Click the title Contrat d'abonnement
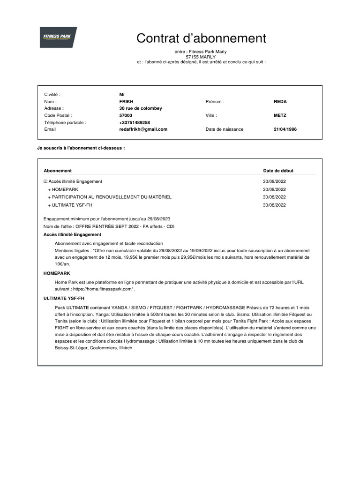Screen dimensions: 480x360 [201, 38]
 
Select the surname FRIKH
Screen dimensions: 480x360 [127, 101]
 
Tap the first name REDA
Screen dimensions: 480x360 [280, 101]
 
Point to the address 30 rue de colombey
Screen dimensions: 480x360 [141, 108]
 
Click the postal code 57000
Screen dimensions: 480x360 [126, 115]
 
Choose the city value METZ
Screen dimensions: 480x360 [280, 115]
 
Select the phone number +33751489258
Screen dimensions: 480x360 [135, 122]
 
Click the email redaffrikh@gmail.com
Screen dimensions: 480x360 [143, 129]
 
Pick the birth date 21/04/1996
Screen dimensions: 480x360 [285, 129]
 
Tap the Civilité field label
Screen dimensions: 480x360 [52, 94]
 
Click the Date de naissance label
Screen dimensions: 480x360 [224, 129]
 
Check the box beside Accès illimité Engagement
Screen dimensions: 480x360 [45, 181]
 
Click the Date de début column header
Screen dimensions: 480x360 [278, 171]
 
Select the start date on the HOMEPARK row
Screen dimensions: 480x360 [274, 189]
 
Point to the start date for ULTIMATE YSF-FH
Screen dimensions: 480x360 [274, 205]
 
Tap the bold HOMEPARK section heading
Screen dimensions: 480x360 [56, 273]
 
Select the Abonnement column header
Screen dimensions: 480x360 [58, 171]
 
